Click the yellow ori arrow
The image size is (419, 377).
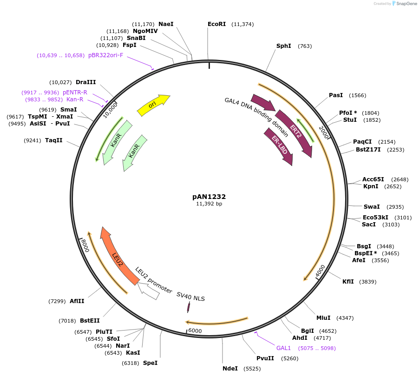(x=153, y=105)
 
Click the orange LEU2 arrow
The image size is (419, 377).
(x=118, y=256)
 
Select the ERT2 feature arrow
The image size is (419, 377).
(x=295, y=132)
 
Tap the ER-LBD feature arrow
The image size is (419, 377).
(x=279, y=146)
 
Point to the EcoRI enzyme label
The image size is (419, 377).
(x=216, y=24)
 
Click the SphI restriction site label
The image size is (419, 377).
(x=283, y=46)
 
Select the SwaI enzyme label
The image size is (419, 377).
(x=372, y=206)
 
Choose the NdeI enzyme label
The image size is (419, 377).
(x=230, y=368)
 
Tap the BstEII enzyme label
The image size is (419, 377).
(x=90, y=320)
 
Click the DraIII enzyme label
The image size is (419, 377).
(x=85, y=82)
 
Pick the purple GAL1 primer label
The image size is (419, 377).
(x=283, y=348)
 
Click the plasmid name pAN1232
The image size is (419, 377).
(x=209, y=197)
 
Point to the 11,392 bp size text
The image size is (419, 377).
(x=209, y=204)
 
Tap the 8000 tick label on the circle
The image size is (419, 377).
(x=84, y=246)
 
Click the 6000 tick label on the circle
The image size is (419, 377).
(x=195, y=330)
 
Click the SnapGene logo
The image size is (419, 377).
(x=404, y=4)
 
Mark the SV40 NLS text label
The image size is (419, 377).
(x=190, y=297)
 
